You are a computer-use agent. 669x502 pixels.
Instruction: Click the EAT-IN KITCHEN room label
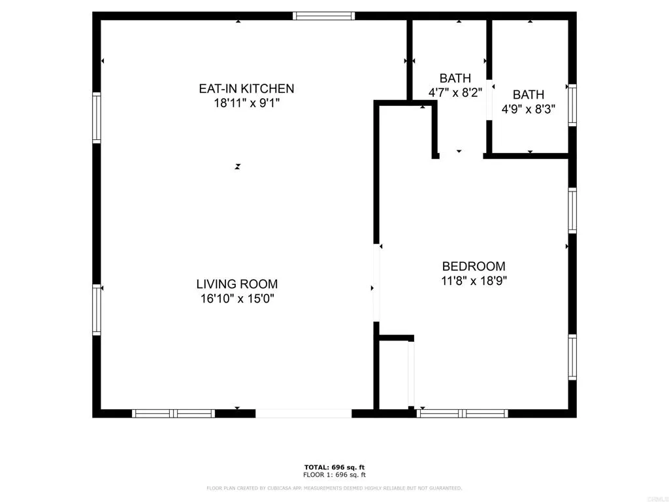point(246,88)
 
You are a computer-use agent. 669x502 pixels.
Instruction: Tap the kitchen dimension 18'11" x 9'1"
point(246,103)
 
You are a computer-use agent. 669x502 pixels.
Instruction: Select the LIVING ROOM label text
point(237,284)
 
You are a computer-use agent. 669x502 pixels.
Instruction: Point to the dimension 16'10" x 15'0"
point(237,299)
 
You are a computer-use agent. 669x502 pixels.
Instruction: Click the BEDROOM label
point(474,266)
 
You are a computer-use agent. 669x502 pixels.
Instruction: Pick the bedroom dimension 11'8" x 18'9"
point(474,280)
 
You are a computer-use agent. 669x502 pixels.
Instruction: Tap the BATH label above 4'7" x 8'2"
point(455,78)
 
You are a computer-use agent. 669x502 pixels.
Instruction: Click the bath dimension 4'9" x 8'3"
point(528,109)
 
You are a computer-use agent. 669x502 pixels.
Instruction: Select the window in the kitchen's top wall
point(323,16)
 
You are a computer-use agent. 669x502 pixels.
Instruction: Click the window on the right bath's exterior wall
point(572,105)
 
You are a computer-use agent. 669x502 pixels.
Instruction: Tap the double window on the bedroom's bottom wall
point(463,413)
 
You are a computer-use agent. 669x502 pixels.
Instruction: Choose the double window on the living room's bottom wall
point(174,413)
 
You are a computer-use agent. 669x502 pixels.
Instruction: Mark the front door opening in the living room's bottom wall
point(303,413)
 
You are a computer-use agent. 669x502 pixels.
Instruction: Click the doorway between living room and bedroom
point(376,283)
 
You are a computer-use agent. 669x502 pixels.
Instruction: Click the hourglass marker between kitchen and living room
point(238,167)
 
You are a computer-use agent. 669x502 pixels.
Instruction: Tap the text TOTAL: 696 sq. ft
point(334,467)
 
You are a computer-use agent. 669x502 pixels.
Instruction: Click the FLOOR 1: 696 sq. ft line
point(334,475)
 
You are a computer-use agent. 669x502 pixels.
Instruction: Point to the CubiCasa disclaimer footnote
point(334,488)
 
